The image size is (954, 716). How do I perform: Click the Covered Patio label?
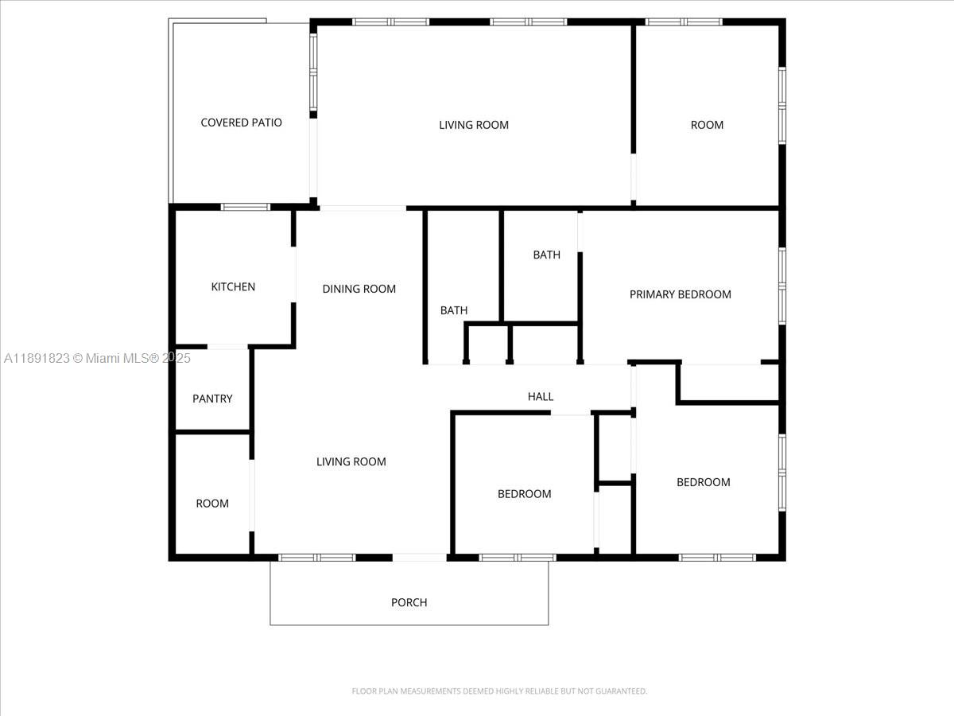(241, 123)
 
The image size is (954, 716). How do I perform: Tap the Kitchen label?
(233, 287)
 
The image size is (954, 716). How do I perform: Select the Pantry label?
(212, 399)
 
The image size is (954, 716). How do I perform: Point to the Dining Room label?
(359, 289)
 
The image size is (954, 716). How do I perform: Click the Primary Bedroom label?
(681, 294)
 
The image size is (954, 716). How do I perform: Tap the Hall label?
(541, 396)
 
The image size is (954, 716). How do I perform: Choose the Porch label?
(409, 602)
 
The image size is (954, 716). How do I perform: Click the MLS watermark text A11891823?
(37, 358)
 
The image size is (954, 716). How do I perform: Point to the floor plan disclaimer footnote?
(499, 691)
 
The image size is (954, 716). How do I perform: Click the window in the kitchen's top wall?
(246, 207)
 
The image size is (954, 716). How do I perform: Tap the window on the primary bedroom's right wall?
(782, 286)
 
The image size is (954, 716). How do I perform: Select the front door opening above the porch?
(420, 558)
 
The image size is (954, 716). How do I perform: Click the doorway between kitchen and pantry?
(227, 347)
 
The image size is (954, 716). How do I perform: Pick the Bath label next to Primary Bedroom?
(546, 255)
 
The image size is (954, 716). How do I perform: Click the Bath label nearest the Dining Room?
(454, 310)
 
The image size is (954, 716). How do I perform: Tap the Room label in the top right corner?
(707, 125)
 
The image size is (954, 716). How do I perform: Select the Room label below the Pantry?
(212, 504)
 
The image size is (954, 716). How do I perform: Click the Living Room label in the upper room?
(473, 125)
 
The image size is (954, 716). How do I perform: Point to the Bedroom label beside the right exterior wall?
(704, 482)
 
